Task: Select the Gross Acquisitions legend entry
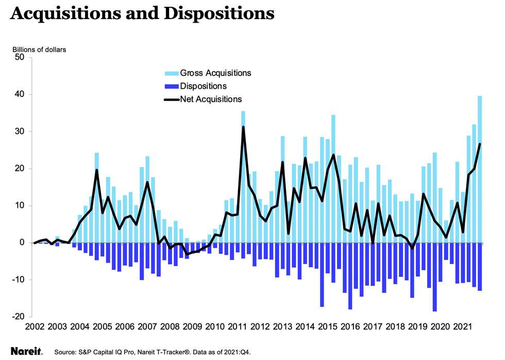coord(215,73)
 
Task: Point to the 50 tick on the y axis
coord(20,57)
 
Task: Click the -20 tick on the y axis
coord(18,317)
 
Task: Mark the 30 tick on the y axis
coord(20,132)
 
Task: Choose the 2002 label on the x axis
coord(35,327)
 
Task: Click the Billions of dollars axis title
coord(40,50)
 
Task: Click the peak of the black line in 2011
coord(243,127)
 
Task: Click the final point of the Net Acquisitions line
coord(480,144)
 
